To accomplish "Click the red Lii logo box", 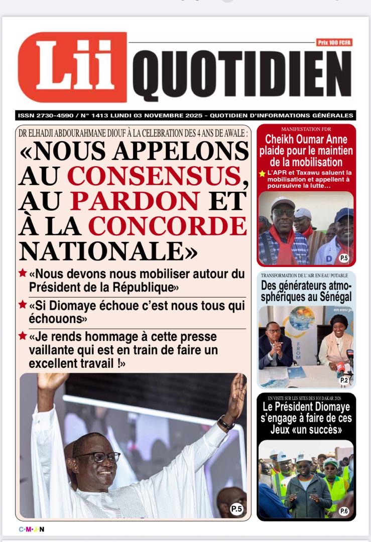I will pos(72,67).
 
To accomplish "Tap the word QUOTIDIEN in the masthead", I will pos(241,75).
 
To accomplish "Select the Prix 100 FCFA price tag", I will pos(334,43).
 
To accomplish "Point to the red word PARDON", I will pos(135,201).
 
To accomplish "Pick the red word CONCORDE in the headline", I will pos(168,226).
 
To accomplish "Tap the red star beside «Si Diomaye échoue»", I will pos(23,304).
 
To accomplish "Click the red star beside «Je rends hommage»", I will pos(23,335).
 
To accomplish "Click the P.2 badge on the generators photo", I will pos(344,380).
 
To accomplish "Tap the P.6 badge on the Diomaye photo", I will pos(344,511).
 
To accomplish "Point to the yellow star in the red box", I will pos(262,174).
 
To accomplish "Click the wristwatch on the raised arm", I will pos(226,424).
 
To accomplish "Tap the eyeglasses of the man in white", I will pos(98,457).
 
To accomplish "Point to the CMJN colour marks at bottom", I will pos(32,529).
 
